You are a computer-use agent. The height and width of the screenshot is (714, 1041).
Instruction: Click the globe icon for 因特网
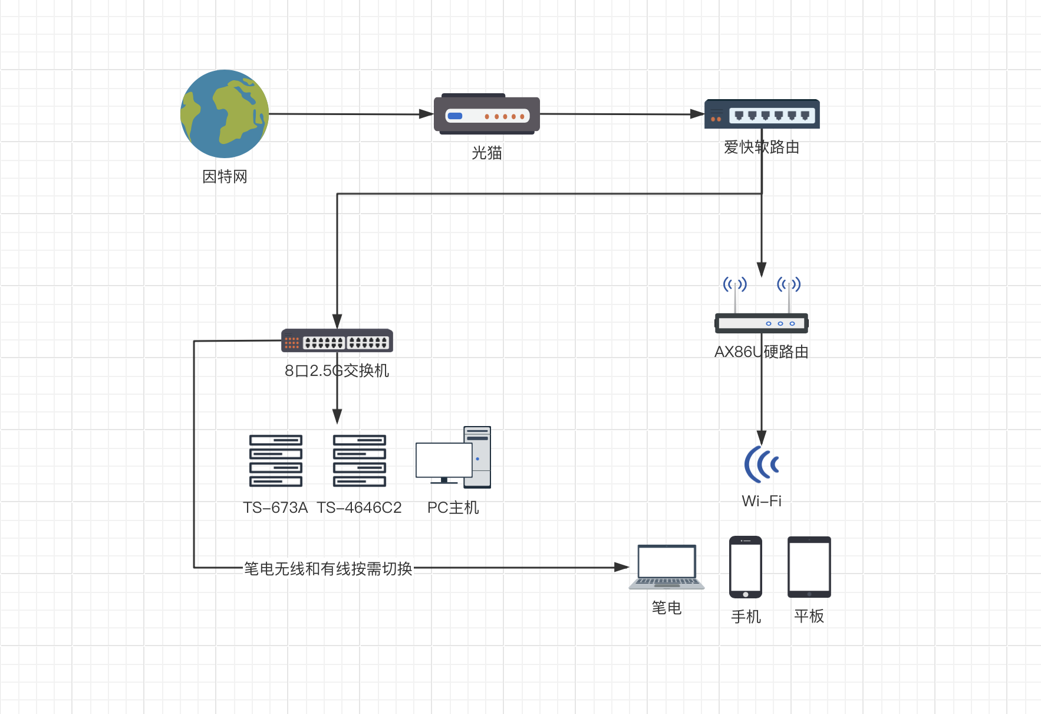[x=225, y=114]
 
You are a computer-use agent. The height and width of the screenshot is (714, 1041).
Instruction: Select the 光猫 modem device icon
[x=487, y=115]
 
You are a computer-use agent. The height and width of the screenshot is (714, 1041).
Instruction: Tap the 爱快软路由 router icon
[x=762, y=114]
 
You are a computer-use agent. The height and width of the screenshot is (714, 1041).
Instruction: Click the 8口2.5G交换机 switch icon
[x=337, y=341]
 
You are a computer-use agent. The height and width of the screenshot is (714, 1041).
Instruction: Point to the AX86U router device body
[x=761, y=323]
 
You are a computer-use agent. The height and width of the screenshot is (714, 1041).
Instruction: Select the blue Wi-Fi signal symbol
[x=761, y=464]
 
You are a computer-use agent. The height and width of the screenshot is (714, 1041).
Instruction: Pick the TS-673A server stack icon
[x=276, y=461]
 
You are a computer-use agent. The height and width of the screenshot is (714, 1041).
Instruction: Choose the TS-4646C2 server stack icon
[x=360, y=461]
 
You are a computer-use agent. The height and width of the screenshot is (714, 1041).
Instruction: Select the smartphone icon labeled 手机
[x=746, y=567]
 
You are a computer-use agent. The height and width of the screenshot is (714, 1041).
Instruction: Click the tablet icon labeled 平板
[x=809, y=567]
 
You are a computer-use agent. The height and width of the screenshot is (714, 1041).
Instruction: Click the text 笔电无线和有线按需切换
[x=328, y=569]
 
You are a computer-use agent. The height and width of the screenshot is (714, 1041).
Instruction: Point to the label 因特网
[x=225, y=176]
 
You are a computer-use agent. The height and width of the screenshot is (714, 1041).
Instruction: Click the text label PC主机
[x=453, y=507]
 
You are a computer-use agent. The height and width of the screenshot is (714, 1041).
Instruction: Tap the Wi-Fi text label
[x=761, y=501]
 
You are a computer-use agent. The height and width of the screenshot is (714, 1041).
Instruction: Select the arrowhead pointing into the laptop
[x=622, y=567]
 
